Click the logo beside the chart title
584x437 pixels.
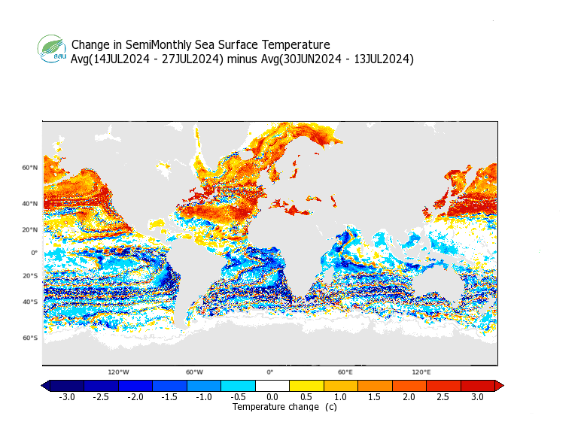(52, 49)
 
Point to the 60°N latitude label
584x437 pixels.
(30, 168)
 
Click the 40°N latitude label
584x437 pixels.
(30, 204)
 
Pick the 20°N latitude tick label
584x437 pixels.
(30, 229)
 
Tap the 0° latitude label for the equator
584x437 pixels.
(34, 253)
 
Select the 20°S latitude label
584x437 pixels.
(30, 276)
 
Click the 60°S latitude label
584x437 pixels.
(30, 338)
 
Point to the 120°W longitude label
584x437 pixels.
(118, 372)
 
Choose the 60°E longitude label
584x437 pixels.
(345, 372)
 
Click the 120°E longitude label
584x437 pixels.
(421, 372)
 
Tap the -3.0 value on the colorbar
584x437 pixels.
(67, 397)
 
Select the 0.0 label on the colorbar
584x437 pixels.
(272, 397)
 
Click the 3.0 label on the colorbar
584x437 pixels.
(477, 397)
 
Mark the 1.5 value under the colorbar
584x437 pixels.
(375, 397)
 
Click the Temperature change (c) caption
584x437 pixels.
(284, 407)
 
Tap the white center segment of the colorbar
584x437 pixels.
(272, 386)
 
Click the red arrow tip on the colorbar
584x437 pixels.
(499, 386)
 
